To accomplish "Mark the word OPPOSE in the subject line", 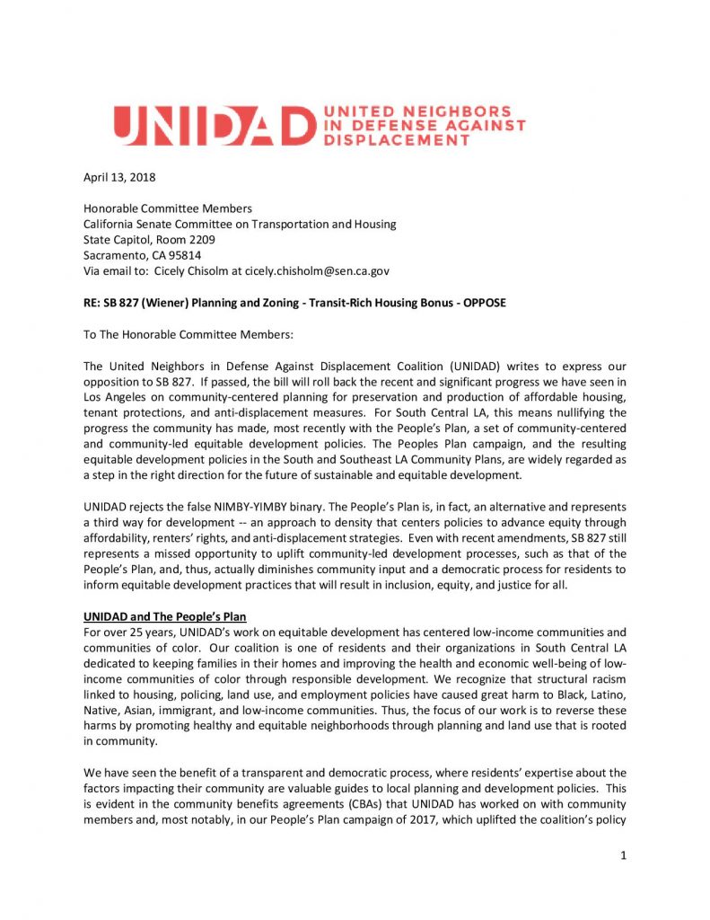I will (484, 303).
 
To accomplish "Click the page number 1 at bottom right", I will (622, 854).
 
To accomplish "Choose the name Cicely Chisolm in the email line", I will (193, 270).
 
